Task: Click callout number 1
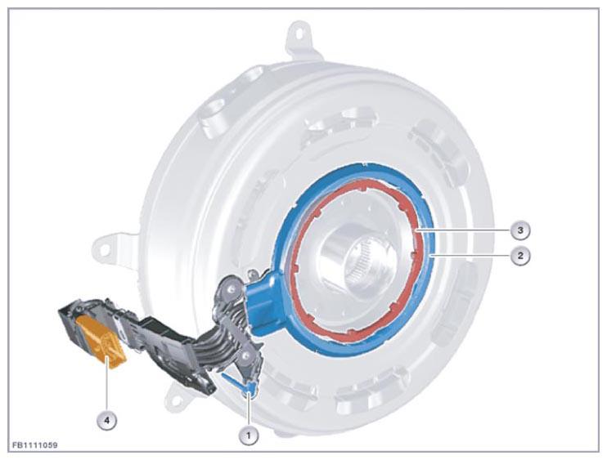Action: coord(249,435)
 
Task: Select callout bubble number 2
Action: coord(520,256)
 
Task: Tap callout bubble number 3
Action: coord(520,230)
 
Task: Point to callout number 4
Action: coord(106,420)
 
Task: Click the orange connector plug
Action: coord(101,340)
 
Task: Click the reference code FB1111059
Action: coord(35,445)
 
